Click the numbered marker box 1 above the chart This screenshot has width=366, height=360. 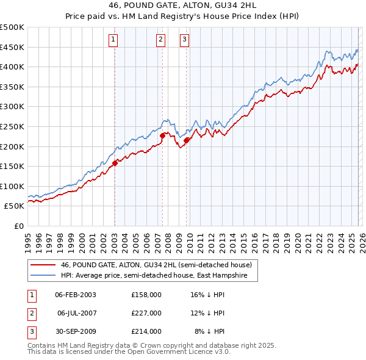(114, 40)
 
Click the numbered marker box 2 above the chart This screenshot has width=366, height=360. (160, 40)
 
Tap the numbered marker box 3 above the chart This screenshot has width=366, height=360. (184, 40)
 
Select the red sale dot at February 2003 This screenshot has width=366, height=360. (115, 163)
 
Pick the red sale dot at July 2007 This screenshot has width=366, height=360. (163, 135)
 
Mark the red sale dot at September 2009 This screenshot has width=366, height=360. (186, 141)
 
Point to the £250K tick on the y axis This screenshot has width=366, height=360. (12, 127)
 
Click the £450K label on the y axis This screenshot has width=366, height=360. (12, 47)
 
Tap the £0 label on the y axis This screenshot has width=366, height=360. (18, 226)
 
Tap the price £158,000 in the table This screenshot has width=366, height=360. (146, 295)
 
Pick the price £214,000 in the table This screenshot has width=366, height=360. (146, 331)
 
